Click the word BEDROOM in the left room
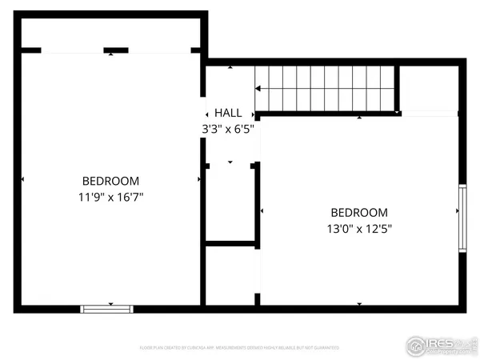click(x=110, y=181)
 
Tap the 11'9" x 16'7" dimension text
click(x=110, y=196)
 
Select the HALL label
click(x=228, y=114)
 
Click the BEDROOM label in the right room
click(x=359, y=213)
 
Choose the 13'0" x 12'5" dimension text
click(x=359, y=228)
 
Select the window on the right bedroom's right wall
click(x=462, y=218)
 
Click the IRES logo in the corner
click(x=439, y=344)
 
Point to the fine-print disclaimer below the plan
click(x=239, y=348)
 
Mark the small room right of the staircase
click(x=429, y=88)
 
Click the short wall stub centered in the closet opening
click(x=116, y=50)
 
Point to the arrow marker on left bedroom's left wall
click(x=23, y=179)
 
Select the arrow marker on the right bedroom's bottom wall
click(x=359, y=304)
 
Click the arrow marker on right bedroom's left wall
click(x=263, y=211)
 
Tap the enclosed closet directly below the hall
click(x=230, y=203)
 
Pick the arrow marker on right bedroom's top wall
click(x=359, y=118)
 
